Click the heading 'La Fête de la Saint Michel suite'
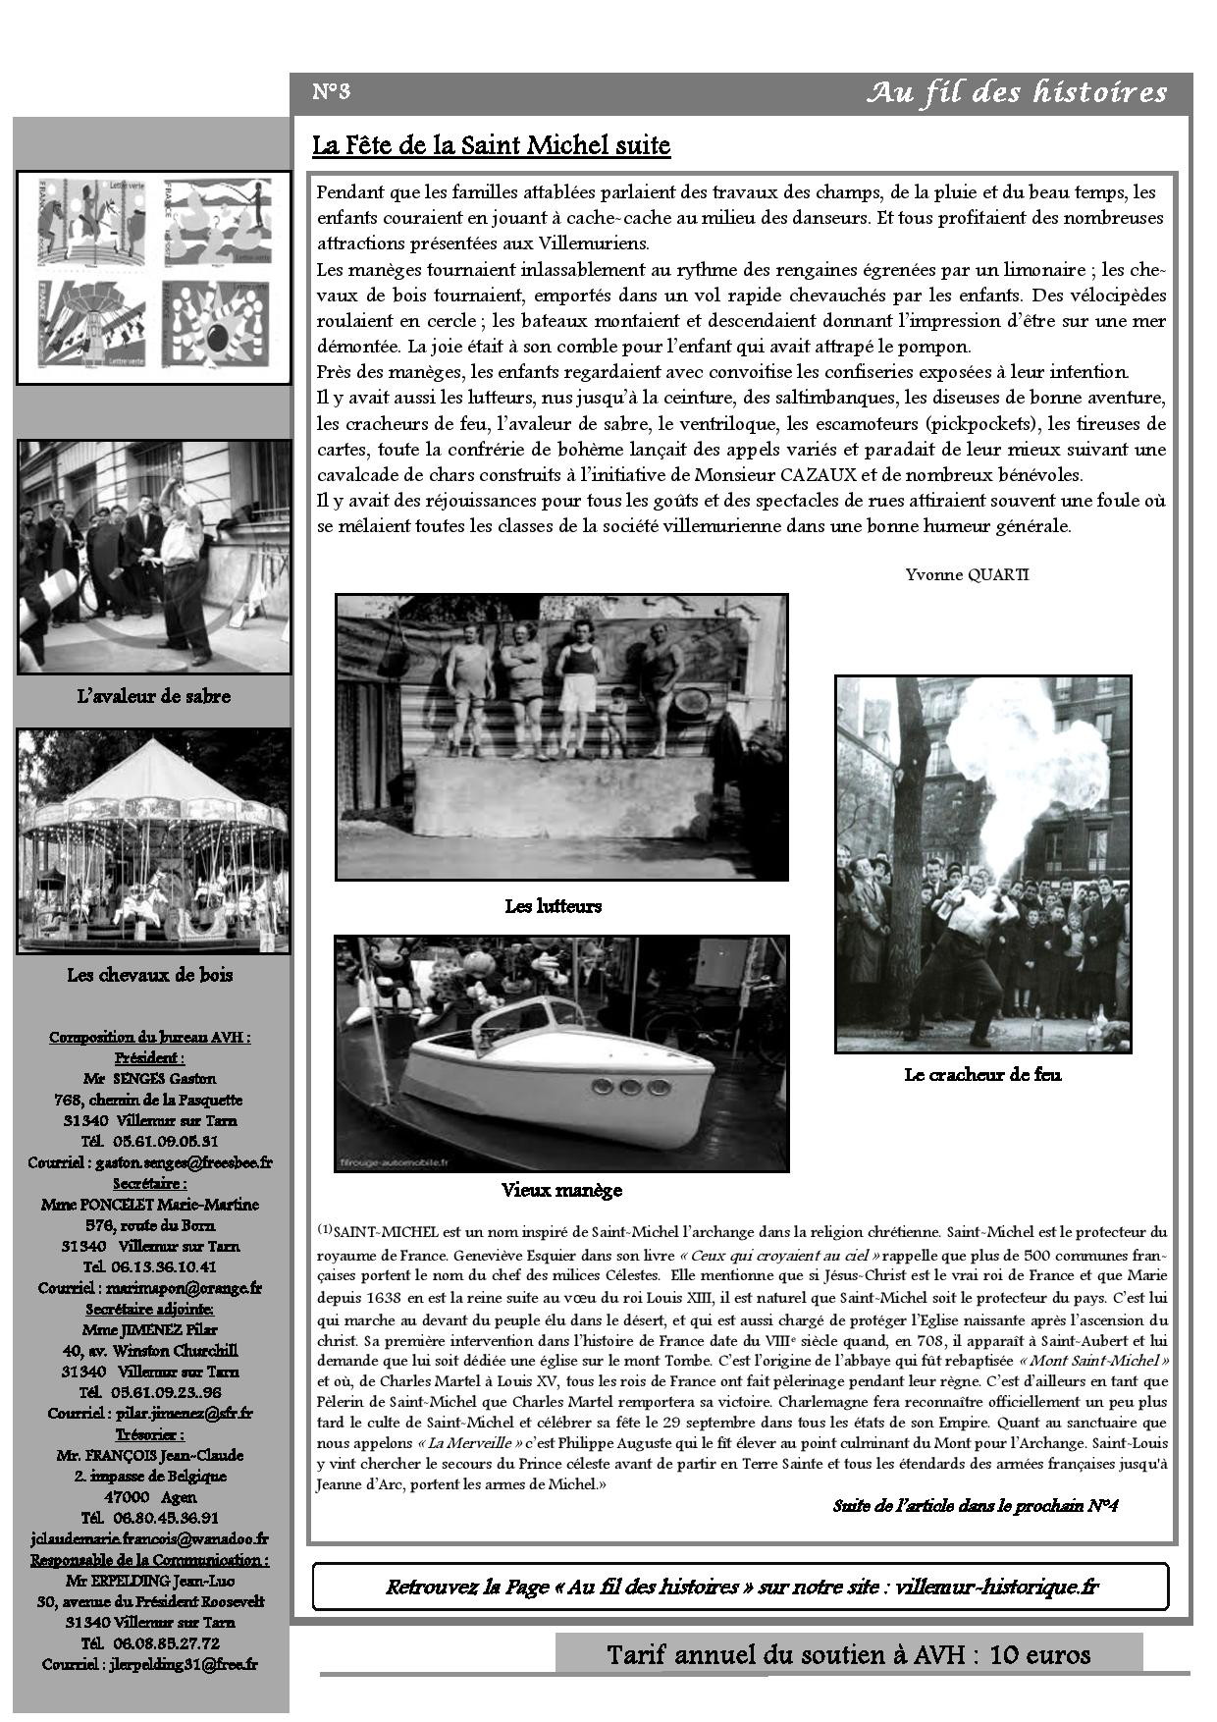click(x=491, y=146)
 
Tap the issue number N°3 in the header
click(x=331, y=92)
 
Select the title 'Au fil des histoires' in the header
click(x=1017, y=93)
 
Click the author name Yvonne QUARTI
click(x=967, y=574)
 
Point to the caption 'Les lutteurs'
click(x=553, y=906)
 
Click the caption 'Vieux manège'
click(x=561, y=1190)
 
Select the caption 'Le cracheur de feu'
click(x=982, y=1074)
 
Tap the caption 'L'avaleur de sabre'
click(x=153, y=696)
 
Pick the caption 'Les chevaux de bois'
click(x=150, y=975)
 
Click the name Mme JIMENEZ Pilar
click(x=150, y=1329)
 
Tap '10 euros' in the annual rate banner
click(x=1040, y=1654)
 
